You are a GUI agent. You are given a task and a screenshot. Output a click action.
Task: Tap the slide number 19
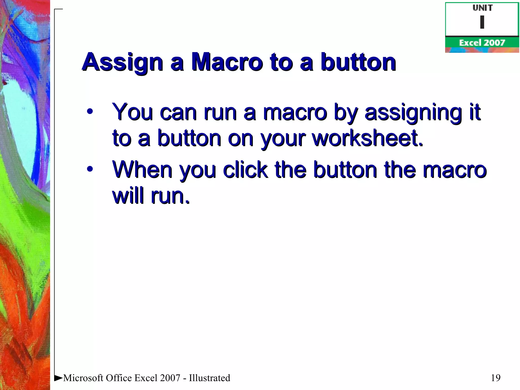(x=495, y=378)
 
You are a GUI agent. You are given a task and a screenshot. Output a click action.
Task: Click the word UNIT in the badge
(x=482, y=8)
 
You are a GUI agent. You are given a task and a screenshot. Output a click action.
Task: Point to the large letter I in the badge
(x=482, y=22)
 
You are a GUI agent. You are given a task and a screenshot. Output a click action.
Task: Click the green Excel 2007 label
(x=482, y=43)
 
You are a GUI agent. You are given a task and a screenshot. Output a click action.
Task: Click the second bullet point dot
(x=90, y=169)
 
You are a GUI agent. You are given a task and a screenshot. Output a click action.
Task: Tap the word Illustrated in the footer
(x=209, y=378)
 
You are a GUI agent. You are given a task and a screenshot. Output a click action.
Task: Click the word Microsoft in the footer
(x=83, y=378)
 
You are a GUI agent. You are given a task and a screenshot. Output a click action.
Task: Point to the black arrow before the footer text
(x=58, y=378)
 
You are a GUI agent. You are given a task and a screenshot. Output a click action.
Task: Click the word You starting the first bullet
(x=133, y=112)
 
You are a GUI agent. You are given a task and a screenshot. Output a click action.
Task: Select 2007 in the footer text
(x=170, y=378)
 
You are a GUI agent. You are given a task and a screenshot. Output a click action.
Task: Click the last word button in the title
(x=358, y=62)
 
